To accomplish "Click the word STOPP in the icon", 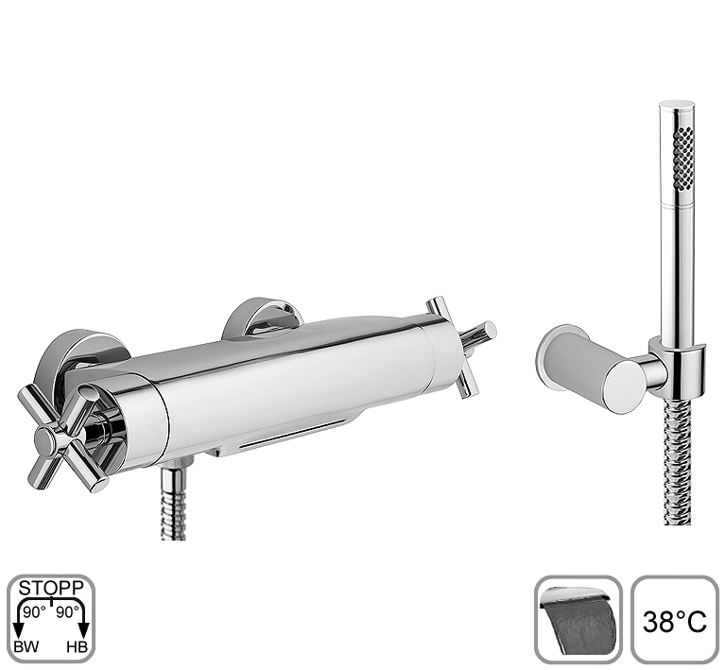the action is [x=51, y=588].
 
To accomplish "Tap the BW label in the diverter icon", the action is [x=26, y=647].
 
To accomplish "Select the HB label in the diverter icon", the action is [x=77, y=647].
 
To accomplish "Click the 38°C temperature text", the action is [x=675, y=622].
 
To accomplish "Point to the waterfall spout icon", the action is [x=578, y=619].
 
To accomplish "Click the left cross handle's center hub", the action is [x=46, y=438].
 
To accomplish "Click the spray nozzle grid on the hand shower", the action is [x=683, y=159].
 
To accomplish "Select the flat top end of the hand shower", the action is [x=677, y=106].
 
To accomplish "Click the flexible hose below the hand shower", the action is [x=677, y=461].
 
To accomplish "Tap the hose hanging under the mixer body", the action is [x=173, y=504].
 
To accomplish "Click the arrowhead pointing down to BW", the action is [x=19, y=629].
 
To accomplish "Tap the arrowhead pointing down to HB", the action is [x=84, y=629].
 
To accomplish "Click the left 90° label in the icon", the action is [x=35, y=612].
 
